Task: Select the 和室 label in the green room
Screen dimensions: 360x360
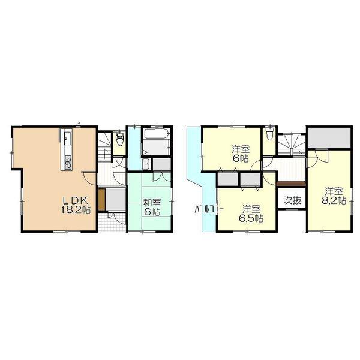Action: (151, 203)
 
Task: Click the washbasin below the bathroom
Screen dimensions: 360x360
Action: (146, 165)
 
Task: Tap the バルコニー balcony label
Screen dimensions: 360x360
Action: (208, 210)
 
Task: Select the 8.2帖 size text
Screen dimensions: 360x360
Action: (332, 202)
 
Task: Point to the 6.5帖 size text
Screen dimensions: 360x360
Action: (252, 218)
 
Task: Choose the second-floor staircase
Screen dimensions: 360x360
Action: (292, 142)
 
